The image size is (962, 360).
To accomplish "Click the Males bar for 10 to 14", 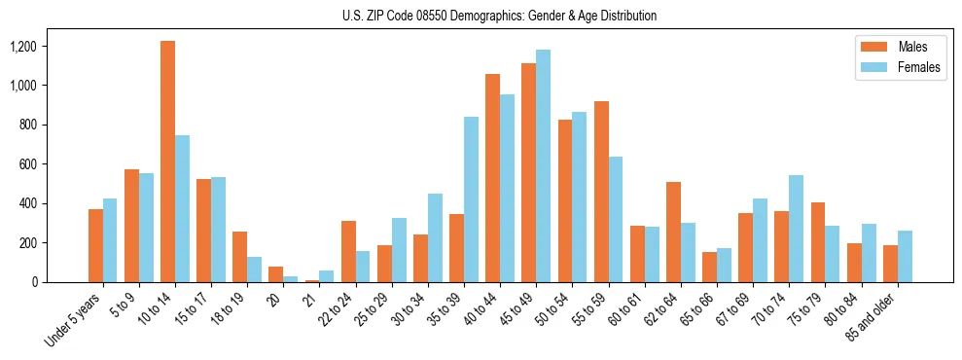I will [x=168, y=162].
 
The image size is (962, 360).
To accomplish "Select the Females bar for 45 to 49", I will [x=543, y=166].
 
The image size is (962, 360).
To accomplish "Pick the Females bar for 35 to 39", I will [x=471, y=199].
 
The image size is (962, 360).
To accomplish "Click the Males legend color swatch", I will [x=871, y=47].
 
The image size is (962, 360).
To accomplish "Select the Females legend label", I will [x=919, y=67].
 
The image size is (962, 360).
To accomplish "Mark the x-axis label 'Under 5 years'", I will [x=75, y=318].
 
